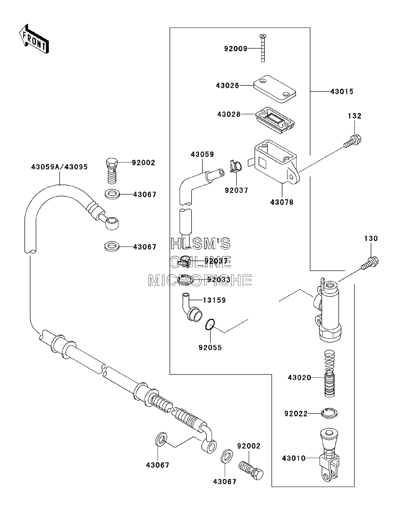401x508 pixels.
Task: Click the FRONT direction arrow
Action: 34,39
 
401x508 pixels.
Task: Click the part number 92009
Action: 236,48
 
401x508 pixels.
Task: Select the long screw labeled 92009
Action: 263,48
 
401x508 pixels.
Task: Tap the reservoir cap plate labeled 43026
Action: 274,89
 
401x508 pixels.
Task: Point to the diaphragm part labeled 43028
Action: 275,120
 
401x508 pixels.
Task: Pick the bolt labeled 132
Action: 353,142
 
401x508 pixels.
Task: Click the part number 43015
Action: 342,92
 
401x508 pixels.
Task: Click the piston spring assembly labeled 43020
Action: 329,374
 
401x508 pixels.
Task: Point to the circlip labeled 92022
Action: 330,413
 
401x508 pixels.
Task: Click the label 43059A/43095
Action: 59,167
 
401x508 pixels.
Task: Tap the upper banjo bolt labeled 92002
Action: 112,171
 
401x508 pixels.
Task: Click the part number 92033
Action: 219,280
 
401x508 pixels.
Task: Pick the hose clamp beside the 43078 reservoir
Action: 236,166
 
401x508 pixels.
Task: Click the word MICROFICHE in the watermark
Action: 200,281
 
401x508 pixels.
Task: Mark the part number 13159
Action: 214,300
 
